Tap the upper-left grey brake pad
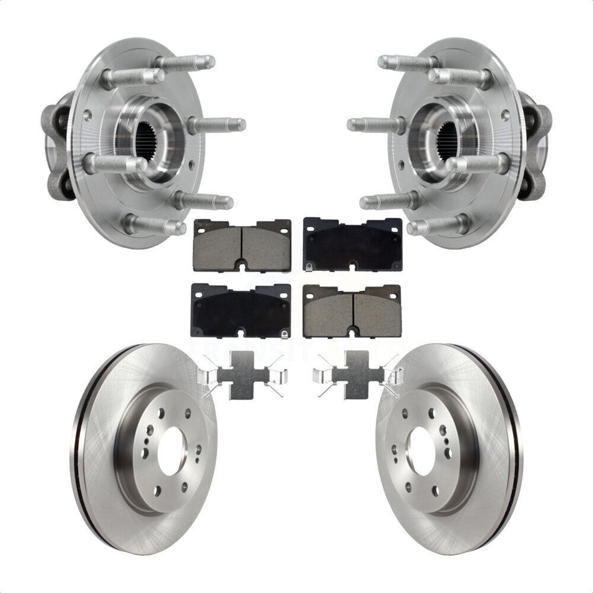point(242,245)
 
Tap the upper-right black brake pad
point(352,243)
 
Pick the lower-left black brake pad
point(241,310)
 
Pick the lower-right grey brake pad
point(352,311)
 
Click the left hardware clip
point(241,375)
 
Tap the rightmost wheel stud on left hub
point(218,125)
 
